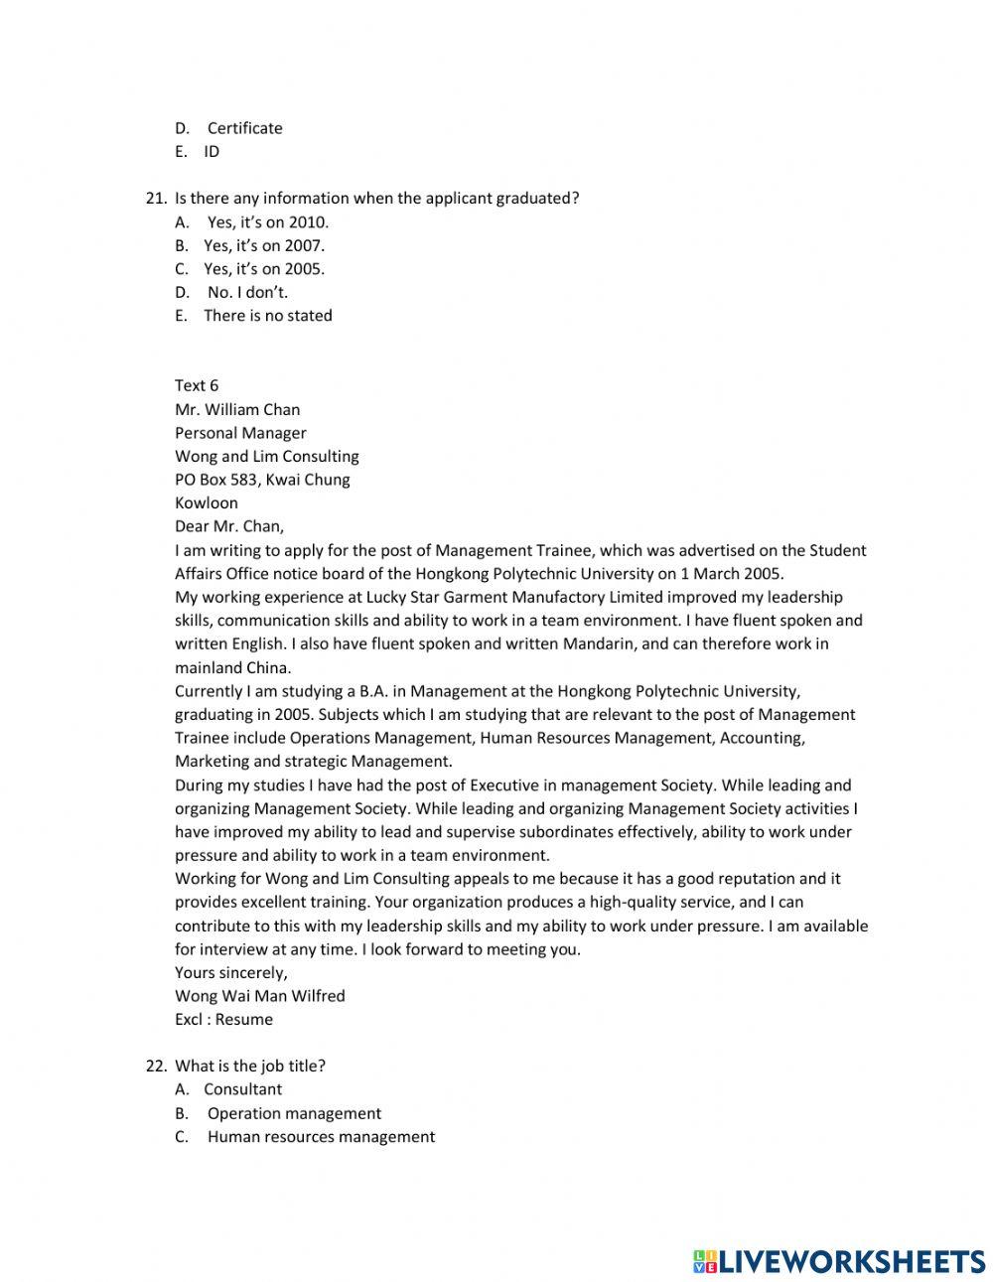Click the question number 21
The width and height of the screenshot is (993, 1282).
click(156, 199)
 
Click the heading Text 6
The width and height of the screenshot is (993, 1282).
click(197, 386)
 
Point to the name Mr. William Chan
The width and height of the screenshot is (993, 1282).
click(237, 409)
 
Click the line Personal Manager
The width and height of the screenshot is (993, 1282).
click(240, 433)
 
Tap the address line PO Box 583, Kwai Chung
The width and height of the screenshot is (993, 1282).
click(262, 480)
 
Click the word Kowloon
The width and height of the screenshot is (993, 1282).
click(207, 503)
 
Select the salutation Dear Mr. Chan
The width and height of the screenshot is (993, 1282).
click(229, 527)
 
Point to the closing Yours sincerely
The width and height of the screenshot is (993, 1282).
click(231, 973)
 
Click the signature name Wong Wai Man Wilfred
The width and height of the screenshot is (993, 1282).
click(260, 996)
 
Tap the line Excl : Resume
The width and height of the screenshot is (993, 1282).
click(223, 1020)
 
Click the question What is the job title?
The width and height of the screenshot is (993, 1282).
click(250, 1067)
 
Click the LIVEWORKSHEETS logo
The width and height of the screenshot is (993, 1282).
click(839, 1261)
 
